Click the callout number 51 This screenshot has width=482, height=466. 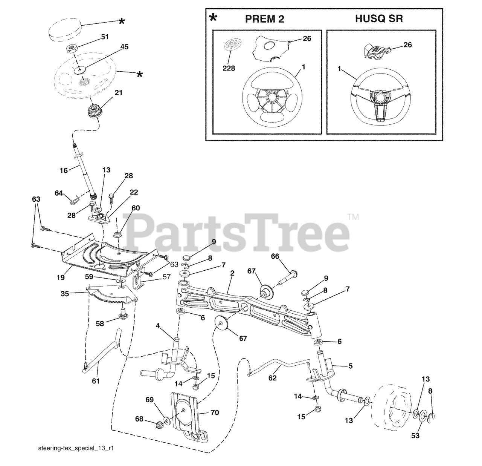pos(104,37)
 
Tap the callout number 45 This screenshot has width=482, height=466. pos(124,47)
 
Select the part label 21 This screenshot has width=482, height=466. pos(119,92)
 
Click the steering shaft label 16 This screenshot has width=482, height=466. pos(64,170)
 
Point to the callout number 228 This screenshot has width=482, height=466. pos(229,68)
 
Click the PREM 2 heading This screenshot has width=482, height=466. pos(265,19)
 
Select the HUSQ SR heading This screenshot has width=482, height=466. pos(379,19)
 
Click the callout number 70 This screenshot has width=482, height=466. pos(215,412)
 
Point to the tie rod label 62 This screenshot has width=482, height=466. pos(273,378)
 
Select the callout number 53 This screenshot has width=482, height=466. pos(415,436)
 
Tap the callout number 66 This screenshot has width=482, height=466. pos(275,256)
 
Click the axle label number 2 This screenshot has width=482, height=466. pos(232,273)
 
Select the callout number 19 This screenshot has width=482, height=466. pos(60,277)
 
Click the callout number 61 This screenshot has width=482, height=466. pos(96,381)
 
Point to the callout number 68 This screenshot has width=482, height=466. pos(139,419)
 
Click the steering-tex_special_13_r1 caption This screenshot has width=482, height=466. pos(76,449)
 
